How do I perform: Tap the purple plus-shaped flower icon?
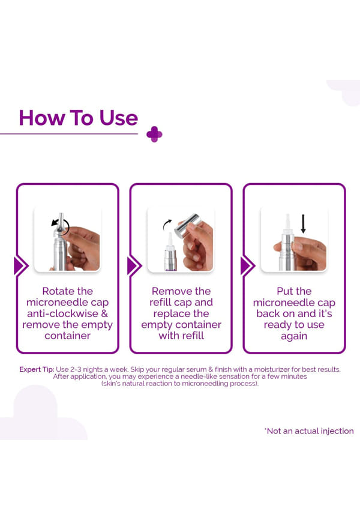coord(154,135)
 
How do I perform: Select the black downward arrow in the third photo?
coord(303,224)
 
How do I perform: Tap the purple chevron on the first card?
coord(21,265)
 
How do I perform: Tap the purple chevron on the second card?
coord(134,265)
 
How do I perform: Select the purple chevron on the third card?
coord(248,265)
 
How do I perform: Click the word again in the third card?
coord(294,336)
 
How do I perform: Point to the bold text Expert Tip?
coord(37,369)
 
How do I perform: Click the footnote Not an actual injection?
coord(309,431)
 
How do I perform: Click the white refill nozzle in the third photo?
coord(287,224)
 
